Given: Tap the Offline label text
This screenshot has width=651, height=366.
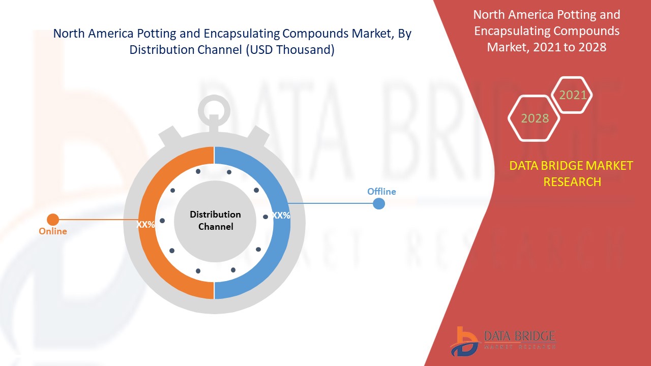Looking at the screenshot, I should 381,192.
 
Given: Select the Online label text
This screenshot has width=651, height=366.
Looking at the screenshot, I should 53,231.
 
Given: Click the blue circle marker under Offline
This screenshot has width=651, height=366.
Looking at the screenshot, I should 379,204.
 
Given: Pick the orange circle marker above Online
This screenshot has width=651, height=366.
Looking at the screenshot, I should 53,220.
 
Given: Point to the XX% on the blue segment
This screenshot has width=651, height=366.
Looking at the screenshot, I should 281,216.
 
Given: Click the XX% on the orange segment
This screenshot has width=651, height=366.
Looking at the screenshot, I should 145,224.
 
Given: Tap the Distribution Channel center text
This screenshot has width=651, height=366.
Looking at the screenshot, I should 215,221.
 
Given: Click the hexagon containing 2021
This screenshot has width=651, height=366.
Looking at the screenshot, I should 572,95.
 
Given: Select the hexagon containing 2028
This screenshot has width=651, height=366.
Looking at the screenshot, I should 535,118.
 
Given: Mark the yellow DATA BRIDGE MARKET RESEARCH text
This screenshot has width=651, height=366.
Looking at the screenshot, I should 572,173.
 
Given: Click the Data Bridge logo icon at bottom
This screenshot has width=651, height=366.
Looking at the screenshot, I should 464,341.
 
